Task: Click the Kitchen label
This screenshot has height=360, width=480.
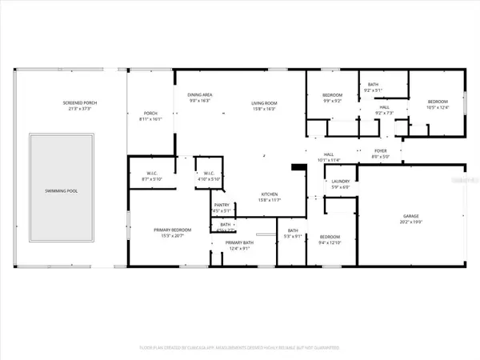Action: coord(268,194)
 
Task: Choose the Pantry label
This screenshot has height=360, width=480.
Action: coord(222,206)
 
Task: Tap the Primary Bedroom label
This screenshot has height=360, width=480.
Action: coord(169,230)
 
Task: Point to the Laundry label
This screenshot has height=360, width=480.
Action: coord(341,182)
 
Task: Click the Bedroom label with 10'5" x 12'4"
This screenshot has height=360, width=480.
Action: coord(438,102)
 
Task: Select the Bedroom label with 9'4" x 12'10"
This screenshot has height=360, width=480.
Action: coord(330,238)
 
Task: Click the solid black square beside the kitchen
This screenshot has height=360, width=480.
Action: coord(298,168)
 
